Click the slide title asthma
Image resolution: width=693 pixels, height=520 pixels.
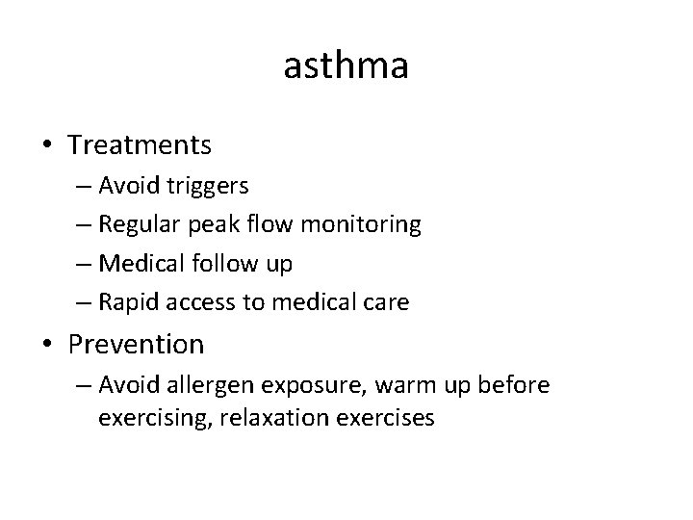(x=346, y=66)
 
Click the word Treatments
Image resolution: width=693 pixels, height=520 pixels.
(x=140, y=145)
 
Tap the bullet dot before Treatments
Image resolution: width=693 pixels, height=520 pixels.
(x=47, y=146)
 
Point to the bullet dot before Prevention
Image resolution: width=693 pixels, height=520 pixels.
(x=47, y=345)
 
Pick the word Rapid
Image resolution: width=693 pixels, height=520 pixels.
(x=131, y=302)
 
